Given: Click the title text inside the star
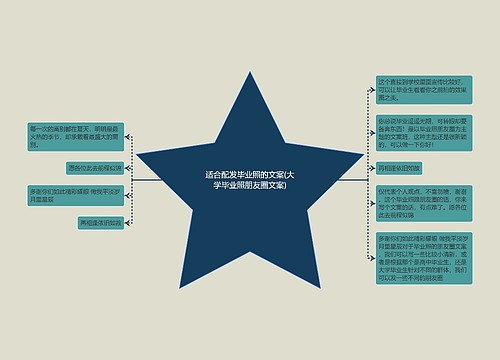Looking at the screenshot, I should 250,179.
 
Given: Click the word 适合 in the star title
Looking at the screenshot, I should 214,174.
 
